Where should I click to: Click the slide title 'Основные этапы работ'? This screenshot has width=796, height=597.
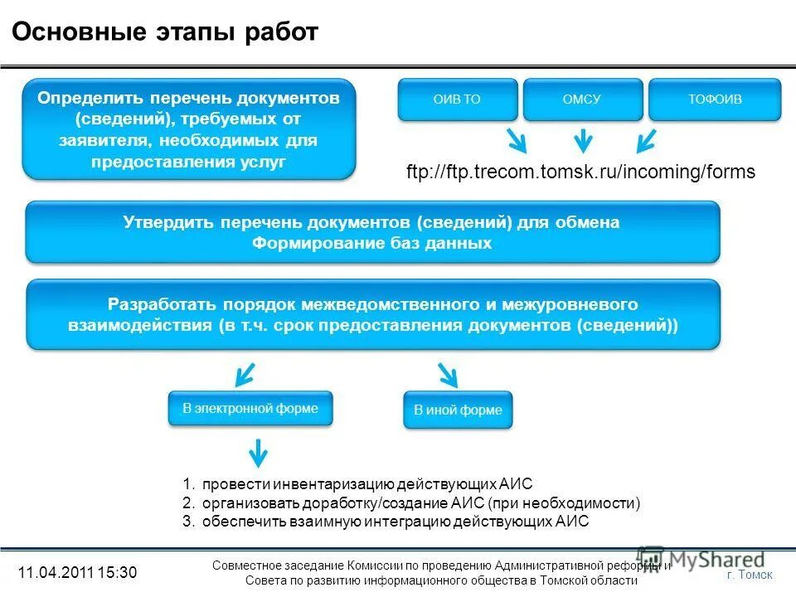coord(164,32)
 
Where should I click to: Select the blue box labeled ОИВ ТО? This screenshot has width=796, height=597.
coord(458,99)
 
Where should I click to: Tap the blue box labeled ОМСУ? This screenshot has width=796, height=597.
coord(582,99)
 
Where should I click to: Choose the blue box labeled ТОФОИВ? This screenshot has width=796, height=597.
coord(714,99)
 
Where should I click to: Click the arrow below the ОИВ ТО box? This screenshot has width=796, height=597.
coord(515,139)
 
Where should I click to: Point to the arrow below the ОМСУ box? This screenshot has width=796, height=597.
coord(584,140)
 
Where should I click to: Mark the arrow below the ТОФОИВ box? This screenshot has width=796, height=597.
coord(647,139)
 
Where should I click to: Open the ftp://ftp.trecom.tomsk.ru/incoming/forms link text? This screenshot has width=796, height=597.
coord(580,172)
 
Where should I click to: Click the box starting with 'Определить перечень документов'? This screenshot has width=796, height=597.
coord(189,129)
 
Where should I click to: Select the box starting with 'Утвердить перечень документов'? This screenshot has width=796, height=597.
coord(372,232)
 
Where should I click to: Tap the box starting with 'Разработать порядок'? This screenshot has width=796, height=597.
coord(372,314)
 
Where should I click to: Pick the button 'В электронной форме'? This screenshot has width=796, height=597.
coord(250,409)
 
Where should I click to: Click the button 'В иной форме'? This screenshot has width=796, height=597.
coord(458,410)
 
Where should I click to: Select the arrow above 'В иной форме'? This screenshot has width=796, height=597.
coord(446,374)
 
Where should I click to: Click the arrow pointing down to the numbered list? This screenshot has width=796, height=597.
coord(259,453)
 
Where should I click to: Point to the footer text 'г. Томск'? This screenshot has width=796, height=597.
coord(749,575)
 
